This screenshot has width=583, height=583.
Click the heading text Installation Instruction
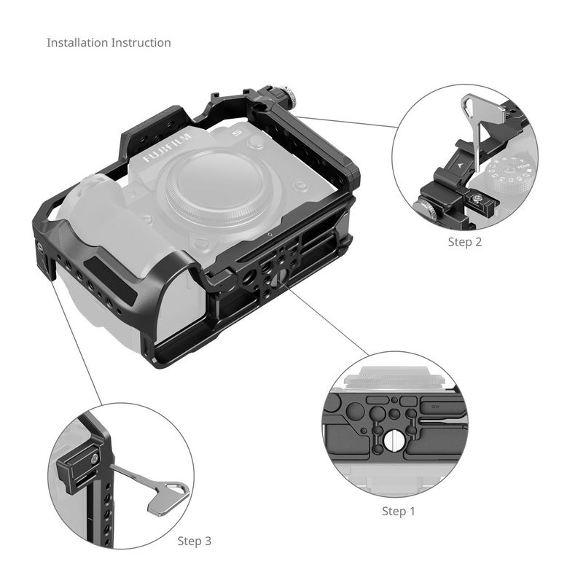(x=109, y=43)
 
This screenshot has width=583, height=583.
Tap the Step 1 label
(x=398, y=512)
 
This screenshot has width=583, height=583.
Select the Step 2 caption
(x=464, y=242)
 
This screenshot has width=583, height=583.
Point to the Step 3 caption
(x=194, y=541)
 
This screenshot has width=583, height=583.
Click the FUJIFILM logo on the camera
(x=168, y=148)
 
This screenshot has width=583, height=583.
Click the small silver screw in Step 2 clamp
(x=475, y=199)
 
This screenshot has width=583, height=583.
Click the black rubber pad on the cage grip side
(x=110, y=277)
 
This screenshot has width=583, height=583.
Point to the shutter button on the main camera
(x=257, y=141)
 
